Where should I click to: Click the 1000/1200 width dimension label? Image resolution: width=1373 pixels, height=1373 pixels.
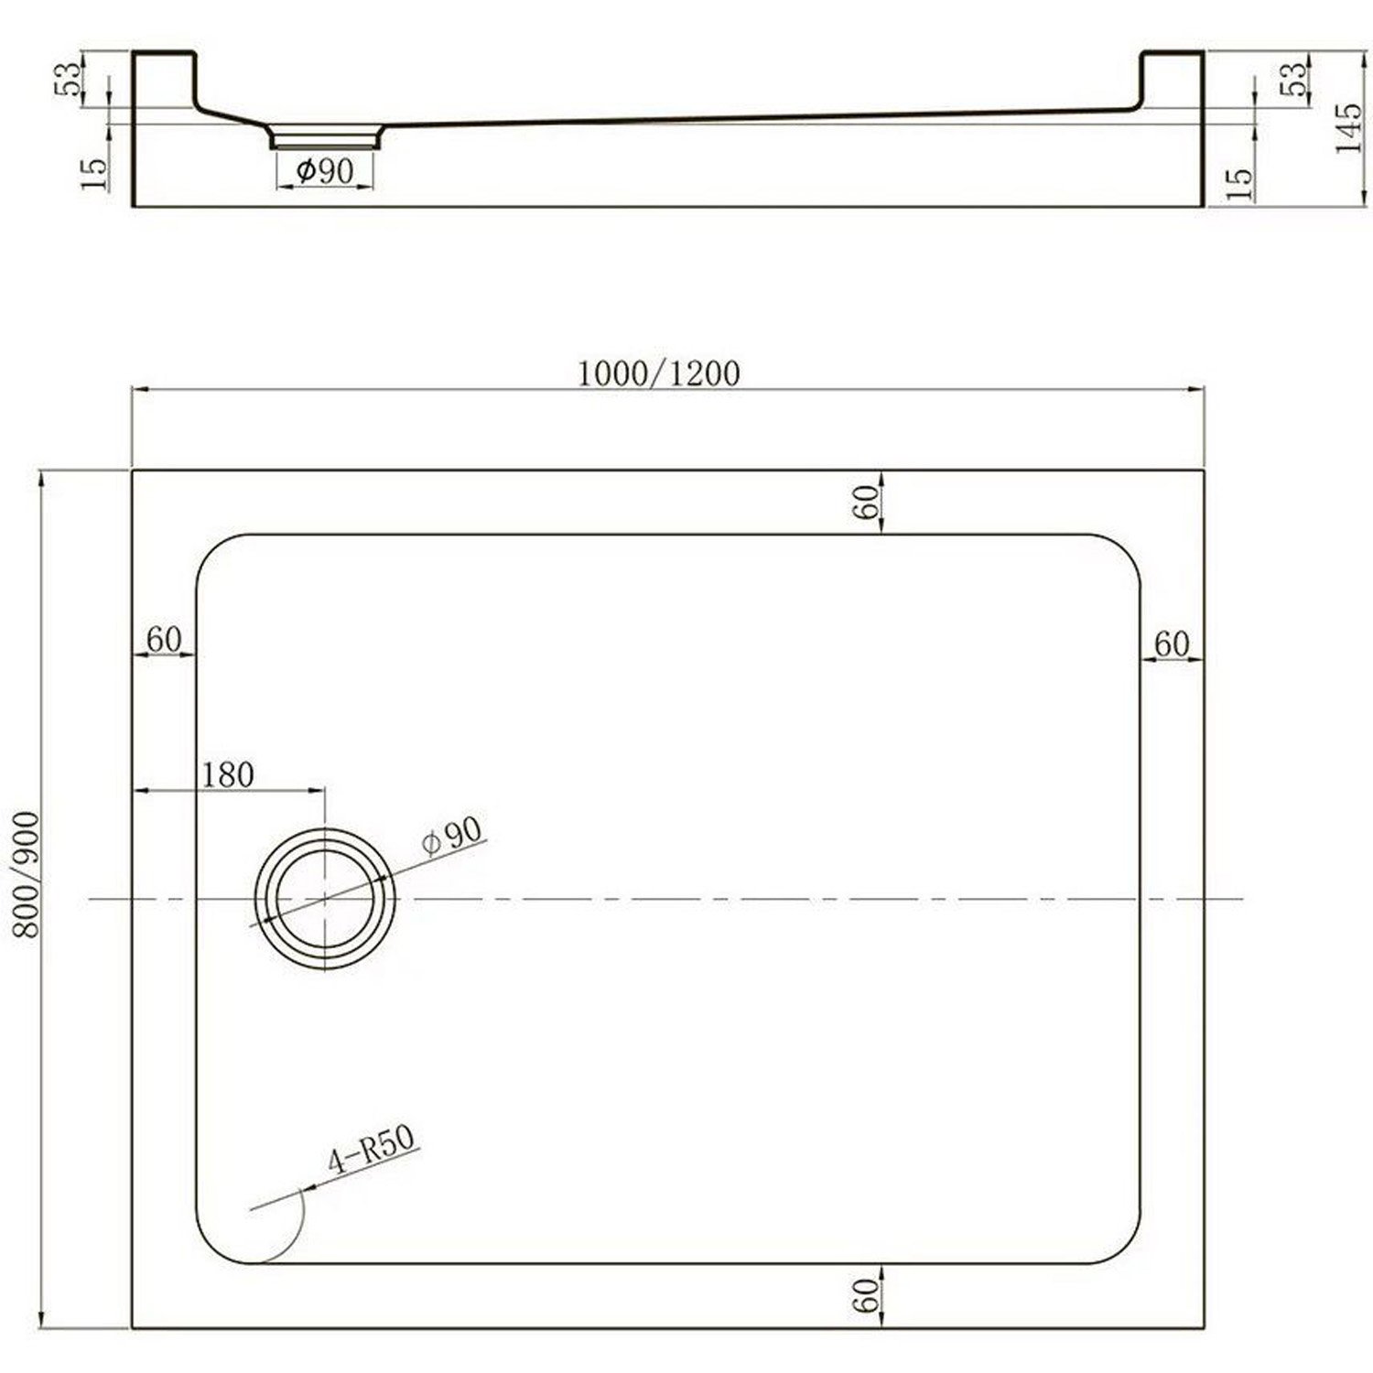(658, 373)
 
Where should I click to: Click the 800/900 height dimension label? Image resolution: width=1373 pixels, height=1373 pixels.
(27, 872)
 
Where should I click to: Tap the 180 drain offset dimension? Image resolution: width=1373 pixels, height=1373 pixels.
(227, 775)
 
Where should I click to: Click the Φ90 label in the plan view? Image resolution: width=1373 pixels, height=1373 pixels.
(452, 835)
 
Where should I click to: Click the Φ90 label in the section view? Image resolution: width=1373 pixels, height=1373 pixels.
(325, 170)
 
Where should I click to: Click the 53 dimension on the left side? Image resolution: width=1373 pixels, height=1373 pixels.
(70, 80)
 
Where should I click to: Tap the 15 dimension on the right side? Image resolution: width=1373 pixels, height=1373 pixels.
(1238, 183)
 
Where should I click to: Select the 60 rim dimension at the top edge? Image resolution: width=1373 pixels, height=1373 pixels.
(866, 502)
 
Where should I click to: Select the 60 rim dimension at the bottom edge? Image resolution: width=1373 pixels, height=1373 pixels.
(866, 1295)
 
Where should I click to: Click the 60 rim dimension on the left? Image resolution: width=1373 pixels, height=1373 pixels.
(164, 640)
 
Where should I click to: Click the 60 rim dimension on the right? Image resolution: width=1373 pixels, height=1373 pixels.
(1171, 644)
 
